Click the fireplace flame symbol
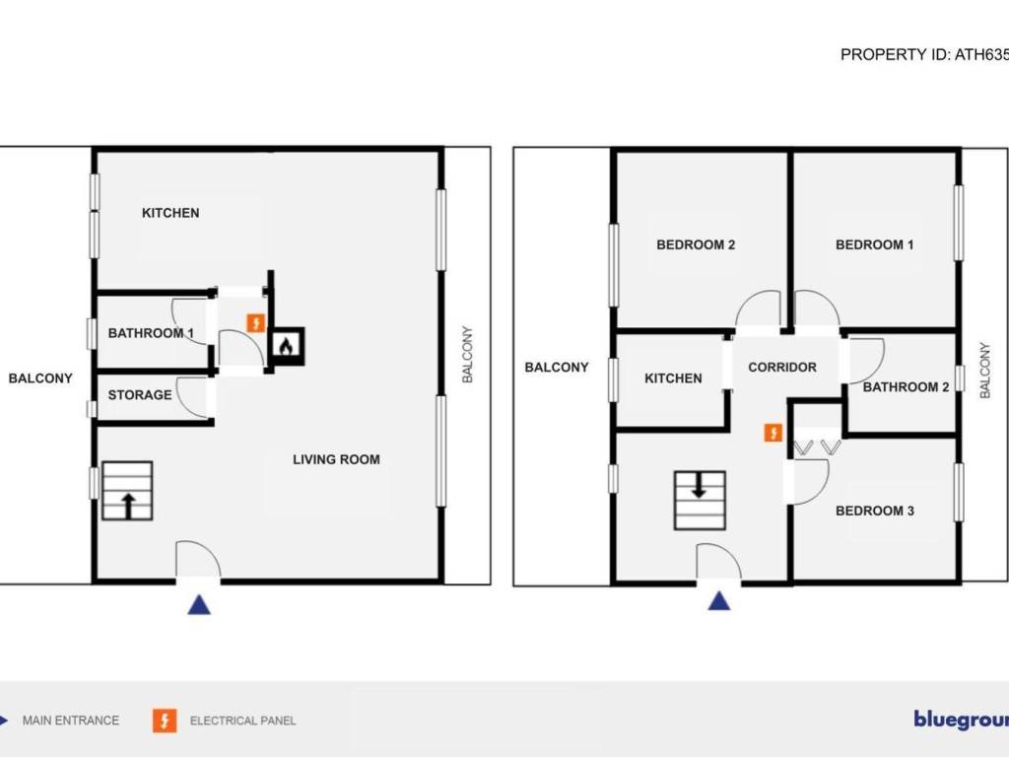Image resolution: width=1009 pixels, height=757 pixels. click(286, 345)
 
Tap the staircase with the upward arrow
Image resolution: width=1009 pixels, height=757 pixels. click(127, 492)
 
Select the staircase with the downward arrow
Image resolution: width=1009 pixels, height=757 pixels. click(700, 501)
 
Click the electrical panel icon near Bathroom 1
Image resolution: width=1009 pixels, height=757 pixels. click(255, 322)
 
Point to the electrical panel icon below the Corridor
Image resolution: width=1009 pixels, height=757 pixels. click(774, 433)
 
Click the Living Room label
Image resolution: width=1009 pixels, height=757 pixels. click(336, 459)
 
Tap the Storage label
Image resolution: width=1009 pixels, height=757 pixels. click(140, 395)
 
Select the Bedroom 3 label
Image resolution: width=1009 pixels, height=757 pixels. click(875, 511)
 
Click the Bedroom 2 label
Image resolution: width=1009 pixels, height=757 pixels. click(696, 244)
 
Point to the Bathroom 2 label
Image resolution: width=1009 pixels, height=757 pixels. click(906, 386)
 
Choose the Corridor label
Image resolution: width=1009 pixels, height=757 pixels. click(782, 368)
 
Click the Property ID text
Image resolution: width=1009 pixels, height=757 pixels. click(923, 55)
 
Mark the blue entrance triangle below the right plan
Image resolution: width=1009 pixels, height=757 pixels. click(719, 600)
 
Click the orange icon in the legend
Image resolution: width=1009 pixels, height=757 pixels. click(164, 721)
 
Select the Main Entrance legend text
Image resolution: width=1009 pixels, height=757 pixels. click(71, 721)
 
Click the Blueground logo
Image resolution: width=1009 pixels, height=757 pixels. click(960, 720)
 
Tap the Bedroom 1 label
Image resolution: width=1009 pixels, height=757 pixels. click(875, 244)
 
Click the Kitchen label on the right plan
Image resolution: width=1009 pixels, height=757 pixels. click(673, 378)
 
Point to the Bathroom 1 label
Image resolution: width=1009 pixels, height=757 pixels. click(151, 333)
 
